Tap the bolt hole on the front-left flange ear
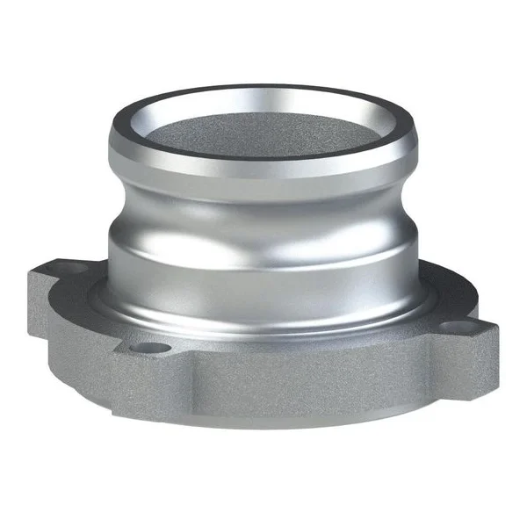tap(150, 348)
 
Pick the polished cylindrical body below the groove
tap(263, 263)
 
